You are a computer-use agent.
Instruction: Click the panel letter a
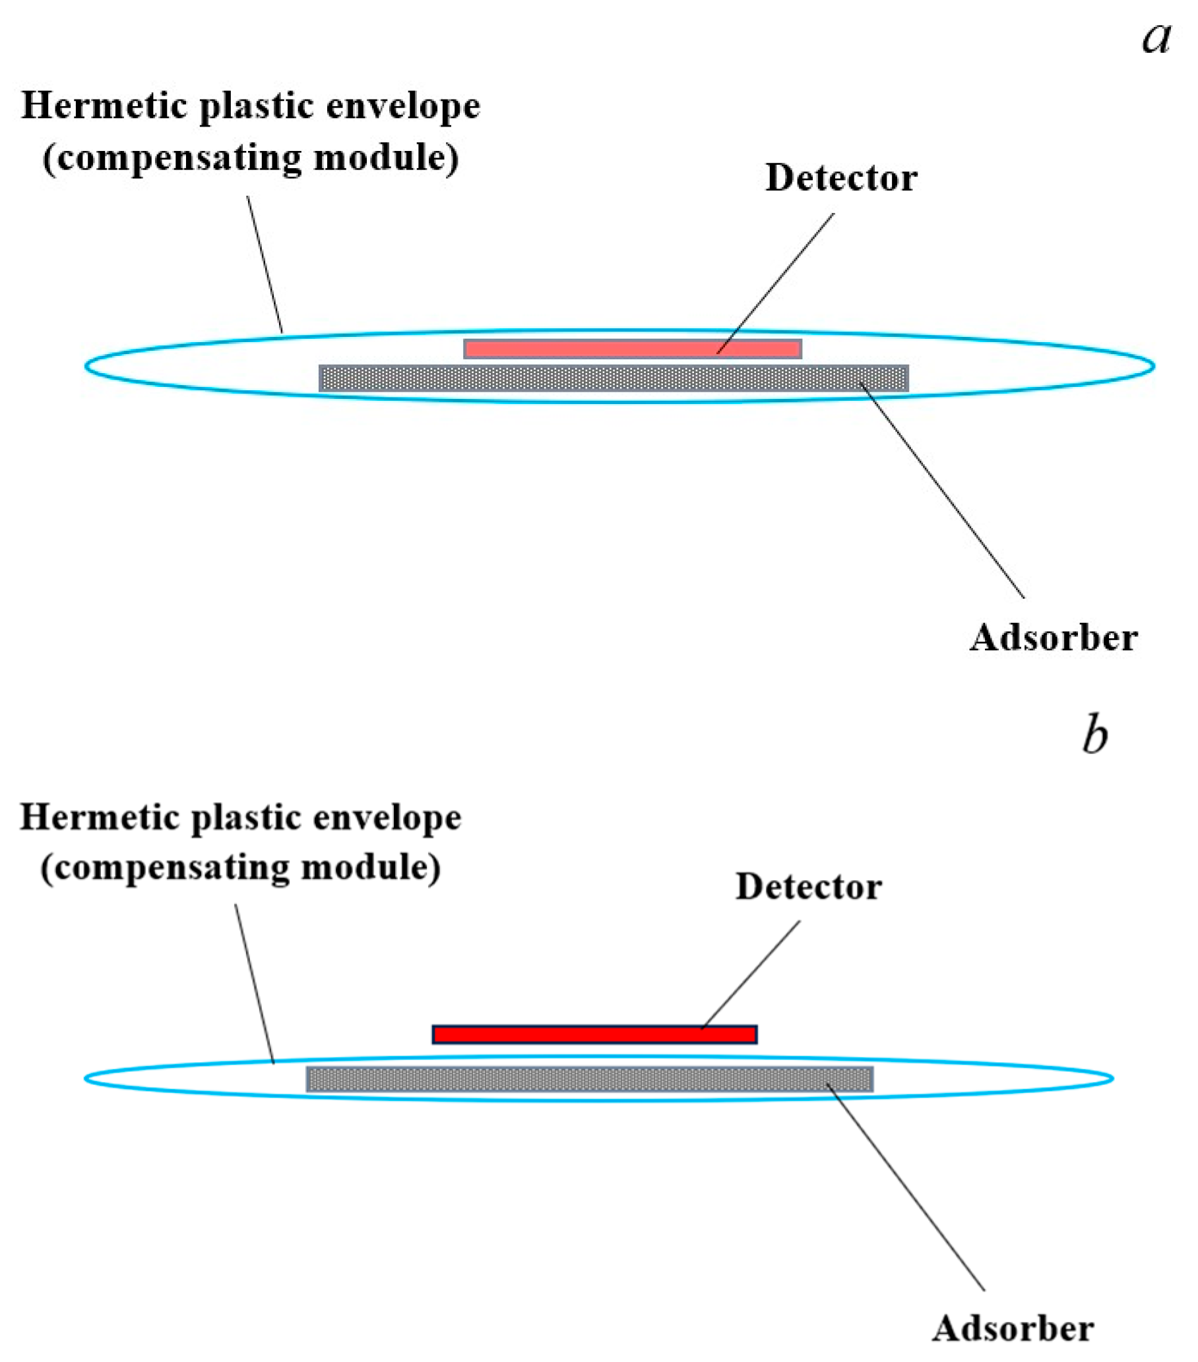click(1156, 38)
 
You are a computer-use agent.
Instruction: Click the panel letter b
click(1094, 735)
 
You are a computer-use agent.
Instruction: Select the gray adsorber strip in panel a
click(614, 378)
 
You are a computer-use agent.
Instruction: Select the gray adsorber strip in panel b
click(589, 1079)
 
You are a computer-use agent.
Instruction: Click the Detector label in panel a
click(841, 178)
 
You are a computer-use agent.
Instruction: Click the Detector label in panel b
click(809, 887)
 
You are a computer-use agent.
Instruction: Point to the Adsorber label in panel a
click(1054, 637)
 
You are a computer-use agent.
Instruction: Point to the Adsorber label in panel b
click(1013, 1328)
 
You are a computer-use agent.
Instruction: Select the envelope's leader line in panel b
click(255, 984)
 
